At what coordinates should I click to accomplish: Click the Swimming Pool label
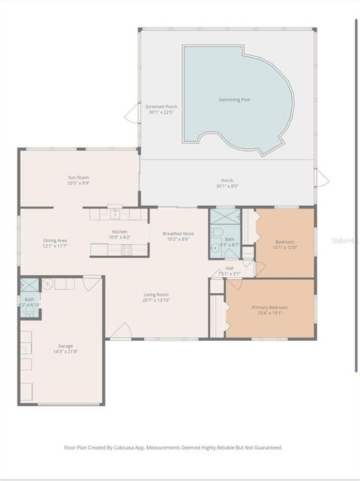(234, 100)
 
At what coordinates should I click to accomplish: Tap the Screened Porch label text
(162, 107)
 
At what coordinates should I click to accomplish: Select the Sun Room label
(79, 177)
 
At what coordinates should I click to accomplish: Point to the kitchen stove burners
(126, 249)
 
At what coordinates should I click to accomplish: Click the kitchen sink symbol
(115, 213)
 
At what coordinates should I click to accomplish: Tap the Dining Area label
(55, 240)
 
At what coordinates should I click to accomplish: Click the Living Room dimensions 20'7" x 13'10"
(156, 301)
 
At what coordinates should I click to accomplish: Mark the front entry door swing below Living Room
(121, 331)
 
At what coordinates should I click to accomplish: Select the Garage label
(65, 345)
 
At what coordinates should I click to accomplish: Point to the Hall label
(229, 268)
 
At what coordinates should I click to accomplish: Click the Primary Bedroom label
(268, 307)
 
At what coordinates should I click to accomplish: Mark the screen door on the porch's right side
(321, 178)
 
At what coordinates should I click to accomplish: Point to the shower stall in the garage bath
(28, 284)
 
